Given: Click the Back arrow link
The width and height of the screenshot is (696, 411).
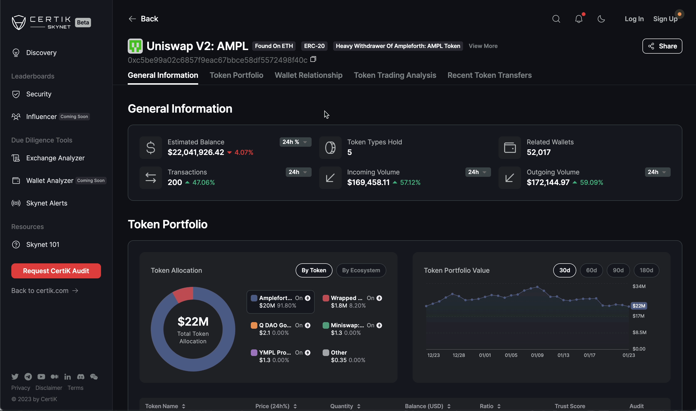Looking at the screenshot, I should (143, 19).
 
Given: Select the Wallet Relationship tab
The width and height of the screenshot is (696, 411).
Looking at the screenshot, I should (308, 75).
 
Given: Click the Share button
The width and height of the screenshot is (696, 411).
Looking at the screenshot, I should (662, 46).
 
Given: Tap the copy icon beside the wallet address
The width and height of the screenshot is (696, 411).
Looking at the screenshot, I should (313, 59).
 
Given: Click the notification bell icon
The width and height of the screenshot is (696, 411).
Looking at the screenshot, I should (579, 19).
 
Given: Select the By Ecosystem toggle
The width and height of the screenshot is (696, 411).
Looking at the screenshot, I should (361, 270).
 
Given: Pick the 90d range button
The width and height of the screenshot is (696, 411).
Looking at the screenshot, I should (618, 270).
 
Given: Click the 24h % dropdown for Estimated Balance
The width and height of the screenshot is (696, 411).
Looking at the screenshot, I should (295, 142).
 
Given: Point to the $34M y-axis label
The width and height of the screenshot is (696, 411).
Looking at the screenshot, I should (639, 286).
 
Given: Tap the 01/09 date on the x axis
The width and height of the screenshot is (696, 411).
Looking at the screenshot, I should (537, 355).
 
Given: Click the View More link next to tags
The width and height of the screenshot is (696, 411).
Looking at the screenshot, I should (483, 46).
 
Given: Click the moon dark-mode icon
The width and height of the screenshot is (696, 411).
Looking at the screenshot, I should (601, 19).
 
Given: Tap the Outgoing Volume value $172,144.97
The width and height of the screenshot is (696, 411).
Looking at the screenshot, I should (548, 182).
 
